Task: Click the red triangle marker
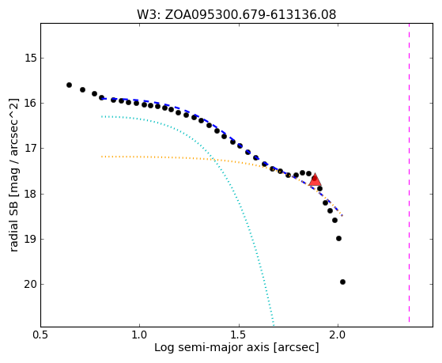[x=315, y=180]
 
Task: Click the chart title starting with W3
[x=236, y=15]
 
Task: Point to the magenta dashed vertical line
[x=409, y=172]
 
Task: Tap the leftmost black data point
[x=69, y=85]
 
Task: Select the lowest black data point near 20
[x=343, y=282]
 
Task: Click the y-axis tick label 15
[x=31, y=58]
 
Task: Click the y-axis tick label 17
[x=31, y=148]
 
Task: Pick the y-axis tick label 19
[x=31, y=239]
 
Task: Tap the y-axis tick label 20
[x=31, y=284]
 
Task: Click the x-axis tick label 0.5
[x=41, y=335]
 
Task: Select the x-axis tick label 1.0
[x=140, y=335]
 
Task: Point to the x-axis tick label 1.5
[x=239, y=335]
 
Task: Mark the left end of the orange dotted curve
[x=101, y=157]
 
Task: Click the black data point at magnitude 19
[x=339, y=238]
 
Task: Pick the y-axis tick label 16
[x=31, y=104]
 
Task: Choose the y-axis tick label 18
[x=31, y=194]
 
